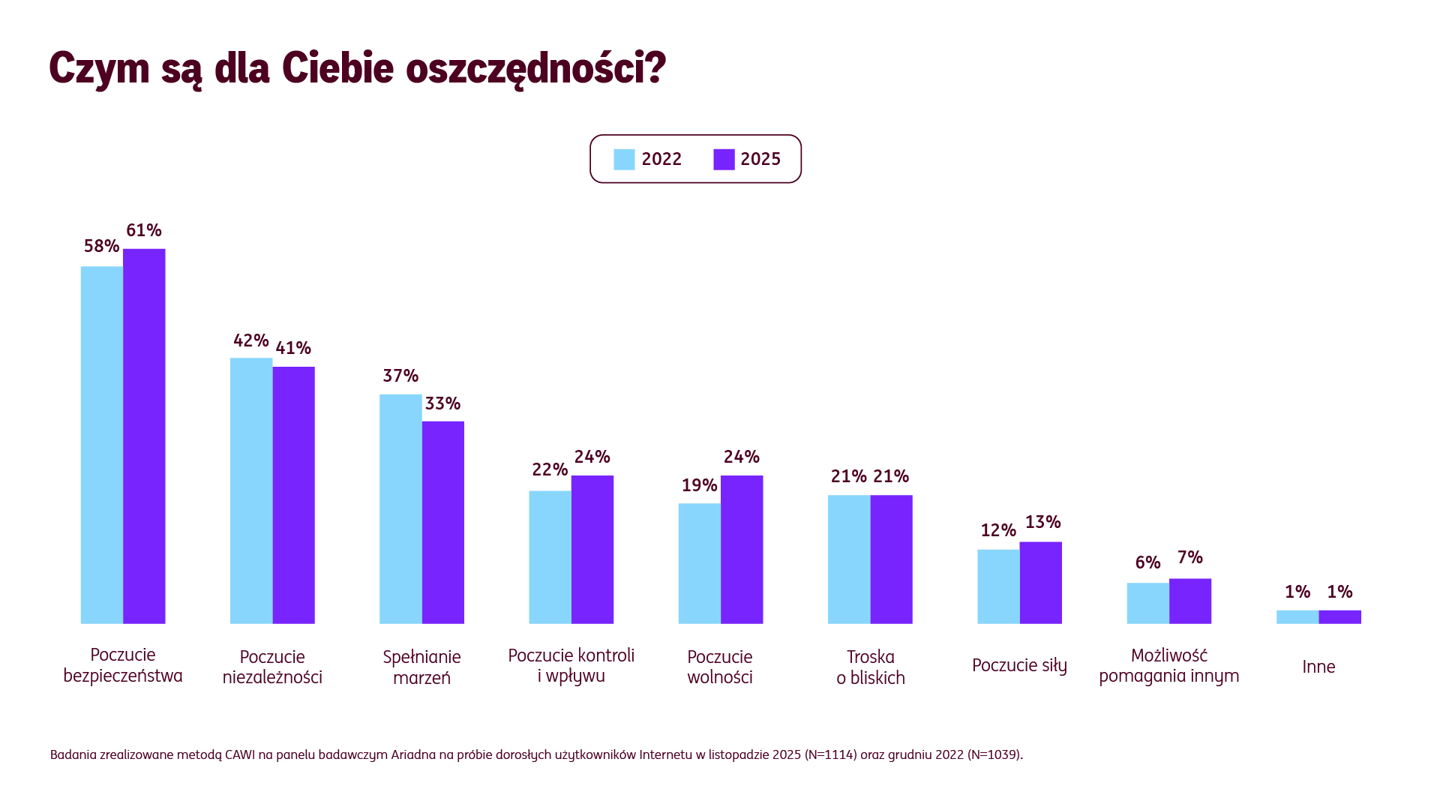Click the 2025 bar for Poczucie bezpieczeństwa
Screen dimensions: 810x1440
[144, 436]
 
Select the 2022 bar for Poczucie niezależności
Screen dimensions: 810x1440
[251, 490]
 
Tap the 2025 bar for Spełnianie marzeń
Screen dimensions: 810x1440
[442, 522]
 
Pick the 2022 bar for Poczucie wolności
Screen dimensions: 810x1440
[699, 563]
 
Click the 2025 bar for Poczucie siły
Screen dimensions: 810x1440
[1040, 583]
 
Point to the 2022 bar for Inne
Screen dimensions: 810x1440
[1297, 617]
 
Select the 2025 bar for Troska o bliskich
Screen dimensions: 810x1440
[891, 559]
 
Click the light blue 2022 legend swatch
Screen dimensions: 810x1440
[624, 160]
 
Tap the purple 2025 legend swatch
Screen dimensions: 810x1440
[724, 160]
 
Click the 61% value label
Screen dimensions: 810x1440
[144, 230]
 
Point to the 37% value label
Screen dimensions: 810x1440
[400, 376]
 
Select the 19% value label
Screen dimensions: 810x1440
[699, 485]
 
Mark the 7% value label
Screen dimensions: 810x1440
[1189, 557]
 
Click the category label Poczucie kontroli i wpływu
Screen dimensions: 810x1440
[571, 665]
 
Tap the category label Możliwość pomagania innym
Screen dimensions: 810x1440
[1168, 665]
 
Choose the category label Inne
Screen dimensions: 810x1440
[1318, 667]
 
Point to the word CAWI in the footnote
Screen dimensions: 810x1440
[240, 754]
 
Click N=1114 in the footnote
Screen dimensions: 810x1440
[830, 754]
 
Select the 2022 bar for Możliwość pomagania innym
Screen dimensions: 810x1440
[1147, 603]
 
